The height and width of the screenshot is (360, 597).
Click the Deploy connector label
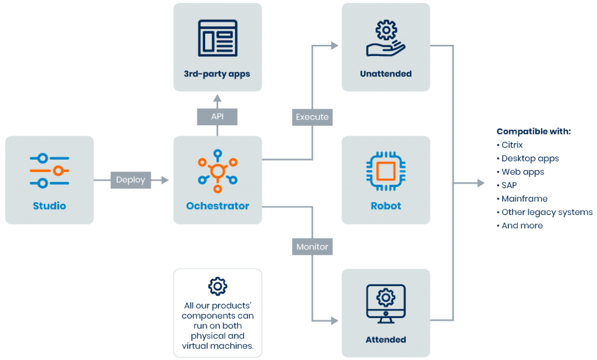click(x=131, y=180)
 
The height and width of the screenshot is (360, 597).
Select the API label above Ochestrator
click(x=217, y=117)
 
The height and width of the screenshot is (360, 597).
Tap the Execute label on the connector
click(x=312, y=117)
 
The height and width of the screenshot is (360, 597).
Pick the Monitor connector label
click(x=312, y=246)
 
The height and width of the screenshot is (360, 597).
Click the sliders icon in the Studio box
click(x=50, y=171)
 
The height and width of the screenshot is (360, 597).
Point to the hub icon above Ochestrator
click(x=217, y=171)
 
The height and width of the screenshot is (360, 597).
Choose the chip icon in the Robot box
click(x=386, y=171)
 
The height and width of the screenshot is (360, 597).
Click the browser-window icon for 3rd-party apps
click(x=217, y=38)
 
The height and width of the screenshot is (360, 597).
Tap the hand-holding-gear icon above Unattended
click(x=386, y=38)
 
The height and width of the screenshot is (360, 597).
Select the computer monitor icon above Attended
click(x=386, y=303)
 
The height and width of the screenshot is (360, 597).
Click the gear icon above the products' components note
click(x=217, y=286)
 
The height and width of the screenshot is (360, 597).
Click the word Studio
click(x=50, y=206)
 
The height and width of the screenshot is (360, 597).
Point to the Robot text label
click(x=386, y=206)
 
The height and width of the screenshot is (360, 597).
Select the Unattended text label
click(x=386, y=73)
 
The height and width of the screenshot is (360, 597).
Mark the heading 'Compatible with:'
click(x=533, y=131)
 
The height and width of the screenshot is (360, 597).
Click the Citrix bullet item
click(x=510, y=145)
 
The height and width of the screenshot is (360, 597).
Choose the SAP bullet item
click(x=507, y=185)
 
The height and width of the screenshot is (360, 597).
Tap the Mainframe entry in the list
click(x=522, y=199)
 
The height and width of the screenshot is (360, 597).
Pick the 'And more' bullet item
click(x=519, y=225)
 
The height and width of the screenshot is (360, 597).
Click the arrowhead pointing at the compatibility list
click(x=481, y=183)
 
